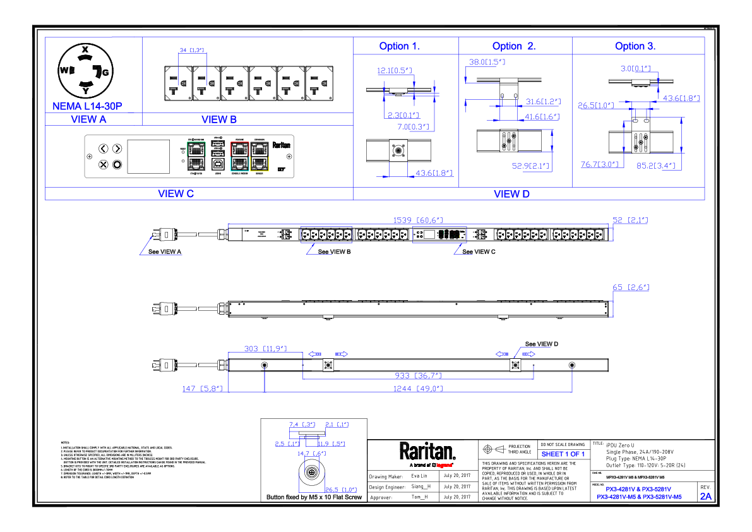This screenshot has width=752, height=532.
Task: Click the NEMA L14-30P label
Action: coord(87,106)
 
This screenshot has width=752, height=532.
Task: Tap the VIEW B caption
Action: coord(219,119)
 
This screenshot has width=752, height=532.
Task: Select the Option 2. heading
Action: coord(514,46)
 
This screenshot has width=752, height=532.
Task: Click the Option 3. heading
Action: coord(635,46)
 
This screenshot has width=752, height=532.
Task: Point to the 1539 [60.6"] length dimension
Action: coord(417,220)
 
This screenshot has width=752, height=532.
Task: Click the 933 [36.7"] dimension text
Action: coord(419,375)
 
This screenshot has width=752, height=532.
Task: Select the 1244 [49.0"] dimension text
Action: coord(418,389)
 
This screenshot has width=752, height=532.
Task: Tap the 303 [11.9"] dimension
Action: coord(266,348)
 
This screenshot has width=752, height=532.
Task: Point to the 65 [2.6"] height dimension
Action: coord(631,287)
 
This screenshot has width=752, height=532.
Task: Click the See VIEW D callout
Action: coord(542,344)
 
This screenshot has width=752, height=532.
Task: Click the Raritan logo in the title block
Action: coord(427,452)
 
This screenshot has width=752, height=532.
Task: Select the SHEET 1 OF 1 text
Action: coord(563,454)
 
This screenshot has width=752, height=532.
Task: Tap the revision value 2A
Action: coord(705,497)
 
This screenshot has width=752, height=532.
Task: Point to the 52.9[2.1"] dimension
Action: coord(530,166)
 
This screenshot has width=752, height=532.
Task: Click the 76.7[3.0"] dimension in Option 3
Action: coord(598,164)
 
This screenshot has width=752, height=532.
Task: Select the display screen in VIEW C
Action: coord(148,157)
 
